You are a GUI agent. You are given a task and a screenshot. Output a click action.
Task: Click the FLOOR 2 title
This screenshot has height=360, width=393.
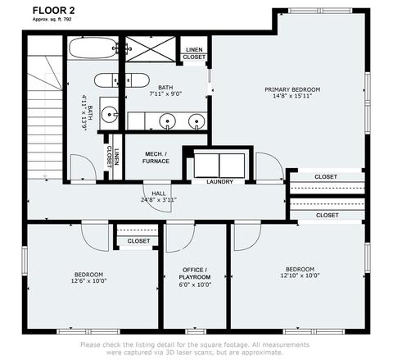pos(53,11)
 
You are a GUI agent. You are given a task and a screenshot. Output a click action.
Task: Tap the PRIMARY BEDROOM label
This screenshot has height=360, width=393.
pos(292,89)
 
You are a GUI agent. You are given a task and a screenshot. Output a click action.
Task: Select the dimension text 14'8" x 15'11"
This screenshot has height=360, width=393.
pos(292,96)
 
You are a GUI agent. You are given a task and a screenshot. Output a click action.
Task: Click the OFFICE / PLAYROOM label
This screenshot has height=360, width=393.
pos(195,273)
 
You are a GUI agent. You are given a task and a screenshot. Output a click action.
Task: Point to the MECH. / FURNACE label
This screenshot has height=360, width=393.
pos(156,157)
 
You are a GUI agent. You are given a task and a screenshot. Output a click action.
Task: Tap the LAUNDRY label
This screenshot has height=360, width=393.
pos(219,181)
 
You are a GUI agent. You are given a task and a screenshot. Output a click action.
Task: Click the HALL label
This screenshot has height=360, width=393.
pos(159,194)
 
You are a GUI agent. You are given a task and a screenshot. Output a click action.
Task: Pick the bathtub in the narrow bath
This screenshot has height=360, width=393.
pos(93,48)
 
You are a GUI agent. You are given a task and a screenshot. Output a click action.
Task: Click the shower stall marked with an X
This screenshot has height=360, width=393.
pos(151,48)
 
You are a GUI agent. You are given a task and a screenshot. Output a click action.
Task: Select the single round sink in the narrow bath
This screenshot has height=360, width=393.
pos(110,114)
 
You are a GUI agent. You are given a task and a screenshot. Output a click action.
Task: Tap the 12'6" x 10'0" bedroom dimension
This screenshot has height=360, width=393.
pos(88,280)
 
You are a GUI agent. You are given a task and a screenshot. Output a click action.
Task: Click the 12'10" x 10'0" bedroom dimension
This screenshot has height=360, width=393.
pos(300,276)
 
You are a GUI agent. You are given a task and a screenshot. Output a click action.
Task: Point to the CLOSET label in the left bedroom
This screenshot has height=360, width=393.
pos(138,241)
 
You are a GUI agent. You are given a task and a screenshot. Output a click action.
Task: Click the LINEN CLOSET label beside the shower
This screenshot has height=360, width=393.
pos(194,53)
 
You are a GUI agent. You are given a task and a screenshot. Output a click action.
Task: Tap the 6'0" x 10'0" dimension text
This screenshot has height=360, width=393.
pos(195,285)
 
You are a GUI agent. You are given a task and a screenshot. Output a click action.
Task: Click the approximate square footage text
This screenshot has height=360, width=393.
pos(52,19)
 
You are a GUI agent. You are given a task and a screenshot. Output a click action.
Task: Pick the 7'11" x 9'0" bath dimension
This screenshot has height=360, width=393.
pos(165,94)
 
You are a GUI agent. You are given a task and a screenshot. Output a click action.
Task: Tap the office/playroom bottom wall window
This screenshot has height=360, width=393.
pos(196,331)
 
